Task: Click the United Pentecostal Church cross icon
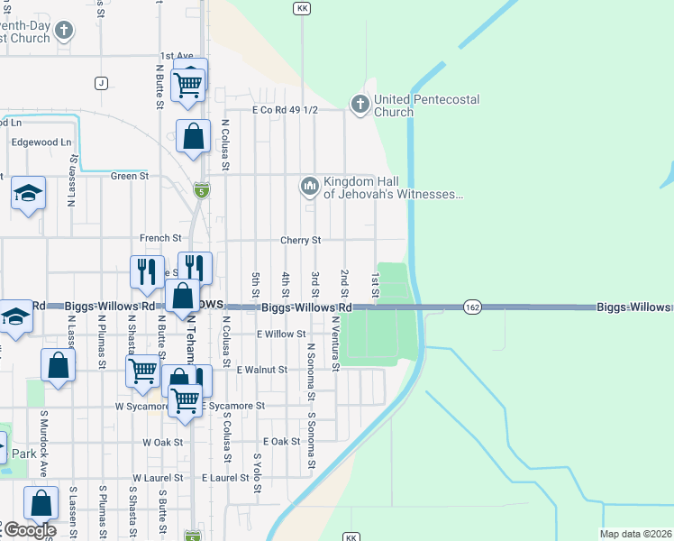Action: click(360, 105)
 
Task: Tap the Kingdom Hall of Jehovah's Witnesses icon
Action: click(310, 187)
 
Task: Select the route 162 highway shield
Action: click(471, 307)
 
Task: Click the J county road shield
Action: click(100, 84)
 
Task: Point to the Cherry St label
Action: click(300, 241)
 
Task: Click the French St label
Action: click(160, 238)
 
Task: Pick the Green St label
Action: click(129, 176)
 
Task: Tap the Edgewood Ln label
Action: click(41, 142)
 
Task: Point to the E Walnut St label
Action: click(261, 370)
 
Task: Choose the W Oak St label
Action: click(162, 443)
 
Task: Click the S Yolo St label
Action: click(257, 472)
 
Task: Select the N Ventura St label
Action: click(335, 344)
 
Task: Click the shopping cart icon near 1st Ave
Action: click(188, 83)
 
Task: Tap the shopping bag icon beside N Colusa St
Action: click(194, 137)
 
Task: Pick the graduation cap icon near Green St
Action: click(29, 193)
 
